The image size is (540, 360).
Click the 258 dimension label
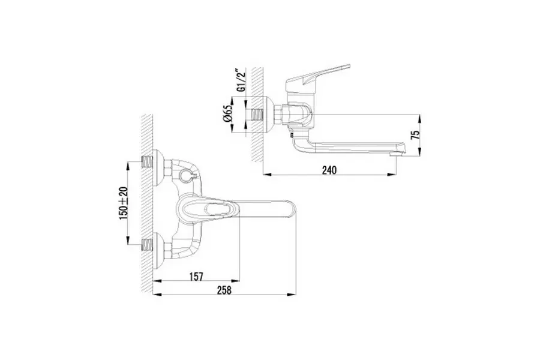(x=224, y=290)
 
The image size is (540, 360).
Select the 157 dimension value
(x=196, y=276)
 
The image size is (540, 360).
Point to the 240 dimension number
(x=329, y=170)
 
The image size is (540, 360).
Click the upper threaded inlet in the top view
(x=148, y=161)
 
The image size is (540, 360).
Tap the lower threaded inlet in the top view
(x=148, y=245)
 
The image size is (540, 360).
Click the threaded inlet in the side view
(x=257, y=115)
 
